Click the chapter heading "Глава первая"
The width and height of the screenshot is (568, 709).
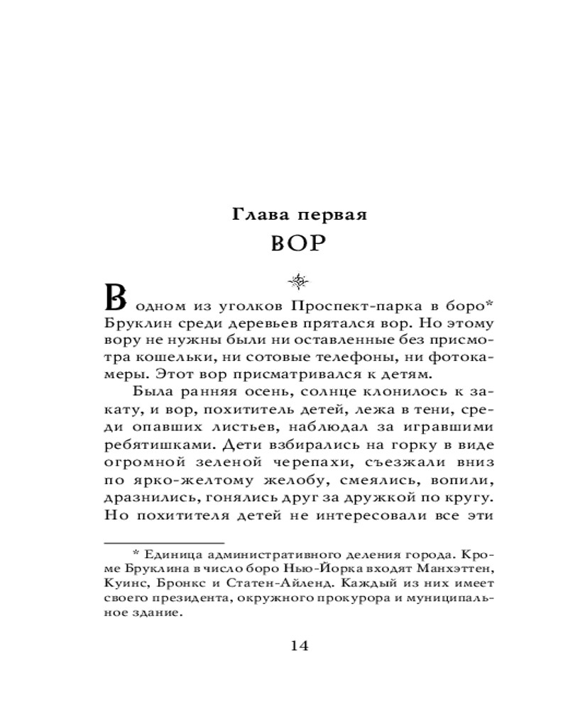click(x=299, y=213)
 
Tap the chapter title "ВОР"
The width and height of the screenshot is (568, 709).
click(x=297, y=244)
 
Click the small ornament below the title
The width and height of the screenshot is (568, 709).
click(x=297, y=282)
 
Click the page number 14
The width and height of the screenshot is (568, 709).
click(x=299, y=646)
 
